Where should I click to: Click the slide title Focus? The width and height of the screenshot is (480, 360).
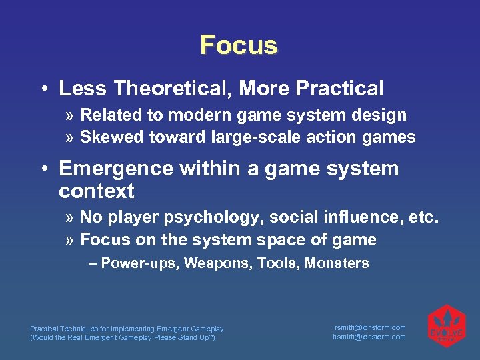(x=239, y=45)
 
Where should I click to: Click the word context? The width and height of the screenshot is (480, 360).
(x=97, y=191)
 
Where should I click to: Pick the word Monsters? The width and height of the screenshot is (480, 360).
(x=337, y=263)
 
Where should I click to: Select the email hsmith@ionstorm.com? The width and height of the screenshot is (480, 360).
(x=369, y=337)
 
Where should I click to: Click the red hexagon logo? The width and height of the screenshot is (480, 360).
(x=446, y=327)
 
